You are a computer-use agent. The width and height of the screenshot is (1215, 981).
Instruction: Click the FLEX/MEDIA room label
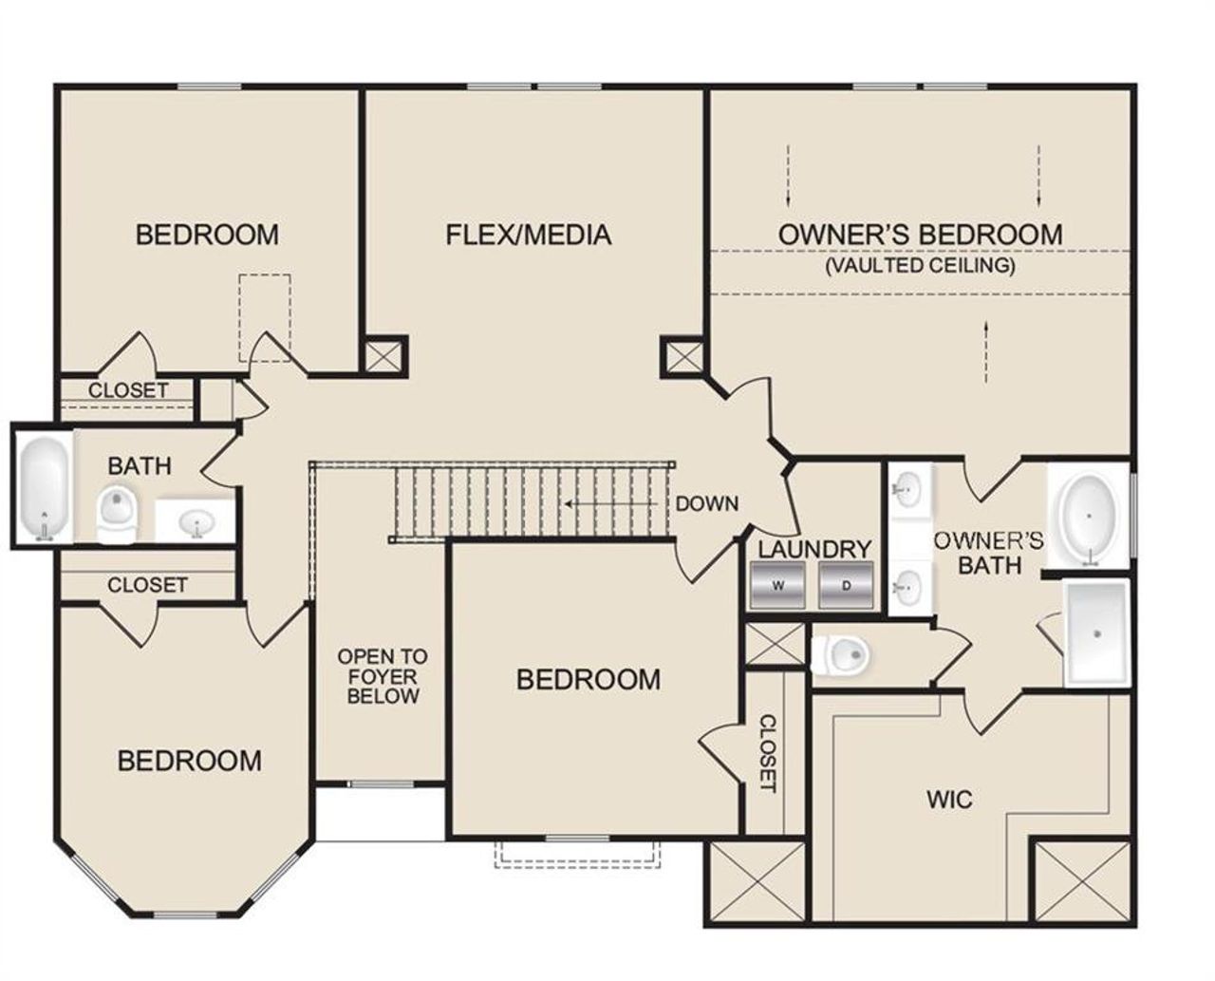[528, 235]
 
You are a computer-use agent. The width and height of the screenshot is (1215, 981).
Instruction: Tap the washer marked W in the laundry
[777, 585]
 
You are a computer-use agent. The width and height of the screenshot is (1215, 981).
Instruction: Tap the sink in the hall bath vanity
[196, 523]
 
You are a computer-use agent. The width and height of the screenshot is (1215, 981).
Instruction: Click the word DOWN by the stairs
[706, 503]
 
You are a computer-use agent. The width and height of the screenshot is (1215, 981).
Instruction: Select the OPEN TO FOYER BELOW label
[383, 676]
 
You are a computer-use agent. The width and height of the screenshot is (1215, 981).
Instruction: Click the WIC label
[949, 799]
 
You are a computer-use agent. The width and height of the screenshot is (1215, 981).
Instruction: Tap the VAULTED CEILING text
[920, 265]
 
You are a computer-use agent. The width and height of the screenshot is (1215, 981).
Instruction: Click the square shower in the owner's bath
[1097, 632]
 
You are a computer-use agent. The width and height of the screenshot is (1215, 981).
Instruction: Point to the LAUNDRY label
[813, 549]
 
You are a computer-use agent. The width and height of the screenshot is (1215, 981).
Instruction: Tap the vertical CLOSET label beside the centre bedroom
[767, 753]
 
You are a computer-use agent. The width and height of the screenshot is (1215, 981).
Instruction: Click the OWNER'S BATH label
[989, 553]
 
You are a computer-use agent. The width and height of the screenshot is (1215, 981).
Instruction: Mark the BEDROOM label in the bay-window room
[190, 761]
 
